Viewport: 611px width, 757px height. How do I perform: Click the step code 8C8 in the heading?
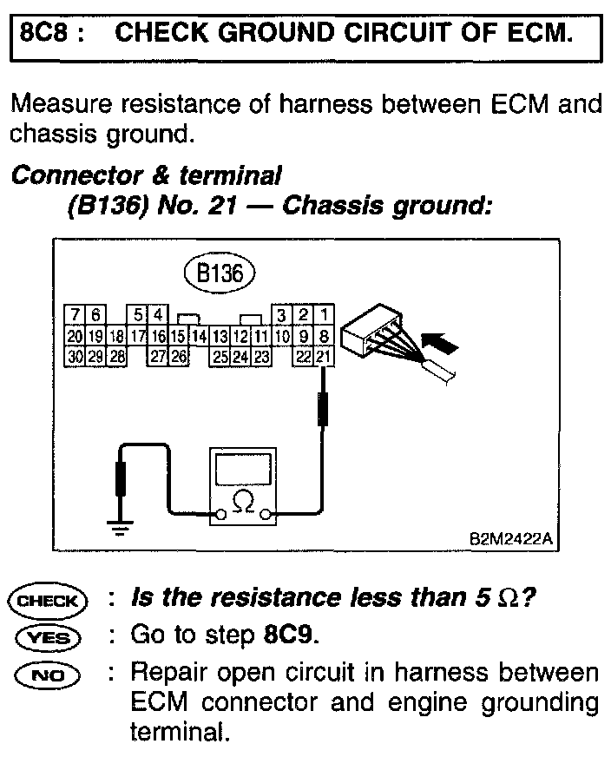coord(44,35)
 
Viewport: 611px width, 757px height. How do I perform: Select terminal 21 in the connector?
coord(323,355)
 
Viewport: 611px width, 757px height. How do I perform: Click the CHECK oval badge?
coord(48,600)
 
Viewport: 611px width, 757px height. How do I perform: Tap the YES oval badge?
coord(48,637)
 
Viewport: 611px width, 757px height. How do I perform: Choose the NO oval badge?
coord(48,674)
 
